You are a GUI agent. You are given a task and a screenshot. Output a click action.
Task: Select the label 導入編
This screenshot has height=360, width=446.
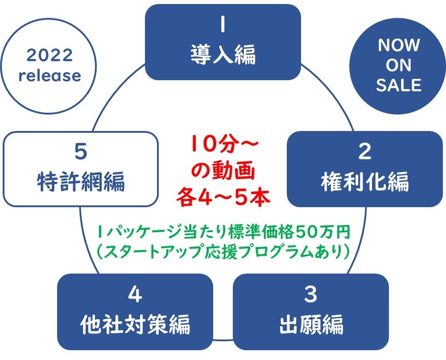pos(223,55)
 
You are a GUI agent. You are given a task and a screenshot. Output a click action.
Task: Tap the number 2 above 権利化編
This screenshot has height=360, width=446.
pos(365,152)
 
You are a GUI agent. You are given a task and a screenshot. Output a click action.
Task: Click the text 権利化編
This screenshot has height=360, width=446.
pos(365,182)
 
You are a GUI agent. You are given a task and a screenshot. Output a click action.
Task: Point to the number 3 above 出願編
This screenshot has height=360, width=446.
pos(311,295)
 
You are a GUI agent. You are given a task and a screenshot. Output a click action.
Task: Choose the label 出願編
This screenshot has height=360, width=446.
pos(311,324)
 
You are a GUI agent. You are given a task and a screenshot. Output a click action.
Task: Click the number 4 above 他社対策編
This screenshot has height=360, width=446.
pos(135,295)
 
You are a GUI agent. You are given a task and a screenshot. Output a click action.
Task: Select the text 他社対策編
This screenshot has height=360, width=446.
pos(135,324)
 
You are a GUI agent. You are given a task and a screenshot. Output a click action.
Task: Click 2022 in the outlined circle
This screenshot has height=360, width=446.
pos(50,56)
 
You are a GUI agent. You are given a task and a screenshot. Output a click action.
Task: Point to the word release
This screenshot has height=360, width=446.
pos(50,76)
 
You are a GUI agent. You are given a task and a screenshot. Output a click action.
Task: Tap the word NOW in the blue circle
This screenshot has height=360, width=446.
pos(399,45)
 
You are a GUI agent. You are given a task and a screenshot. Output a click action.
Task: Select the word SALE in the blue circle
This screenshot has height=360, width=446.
pos(399,85)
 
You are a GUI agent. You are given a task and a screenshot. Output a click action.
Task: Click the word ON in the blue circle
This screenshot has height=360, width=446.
pos(399,65)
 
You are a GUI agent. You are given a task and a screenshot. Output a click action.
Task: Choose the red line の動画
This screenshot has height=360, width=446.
pos(223,171)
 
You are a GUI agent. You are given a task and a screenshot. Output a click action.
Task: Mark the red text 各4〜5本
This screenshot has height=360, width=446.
pos(223,197)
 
